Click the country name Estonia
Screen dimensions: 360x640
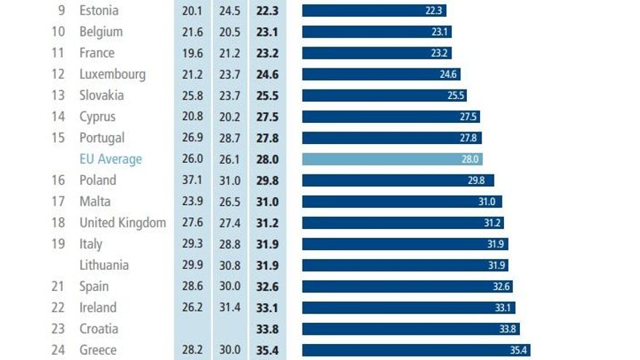99,11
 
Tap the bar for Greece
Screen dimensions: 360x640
415,350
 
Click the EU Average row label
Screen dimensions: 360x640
111,159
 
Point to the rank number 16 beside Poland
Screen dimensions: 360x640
58,180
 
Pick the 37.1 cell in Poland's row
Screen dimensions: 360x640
193,180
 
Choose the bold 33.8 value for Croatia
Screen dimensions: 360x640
268,329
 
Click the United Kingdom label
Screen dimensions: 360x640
122,223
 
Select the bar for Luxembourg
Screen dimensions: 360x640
380,74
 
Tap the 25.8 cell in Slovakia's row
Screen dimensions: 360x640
193,95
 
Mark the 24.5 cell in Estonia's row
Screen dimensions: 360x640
230,11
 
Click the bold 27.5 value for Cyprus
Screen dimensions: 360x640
268,116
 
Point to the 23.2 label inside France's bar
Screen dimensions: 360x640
441,53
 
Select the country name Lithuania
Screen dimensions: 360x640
104,265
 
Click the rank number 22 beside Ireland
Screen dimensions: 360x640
58,308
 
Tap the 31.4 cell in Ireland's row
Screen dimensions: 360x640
230,308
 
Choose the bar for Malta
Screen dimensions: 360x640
401,201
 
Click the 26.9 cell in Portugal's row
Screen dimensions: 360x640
193,138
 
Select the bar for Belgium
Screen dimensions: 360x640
376,32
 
